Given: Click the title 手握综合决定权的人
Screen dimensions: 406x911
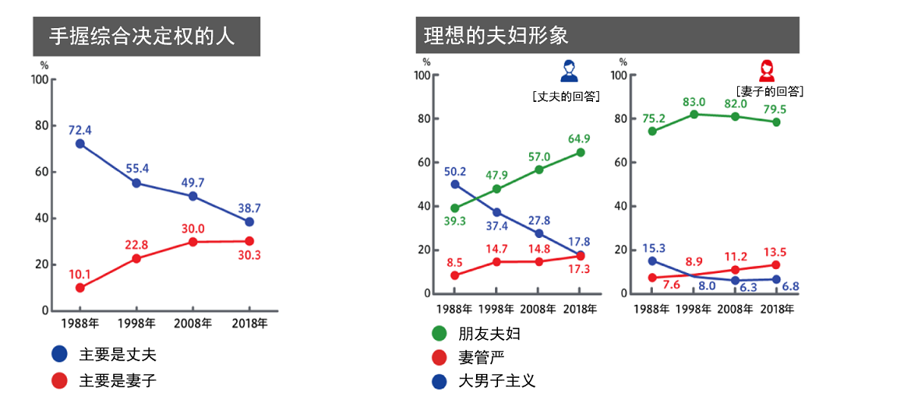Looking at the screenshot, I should (x=142, y=36).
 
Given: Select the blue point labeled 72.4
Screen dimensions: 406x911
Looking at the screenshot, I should (x=80, y=144).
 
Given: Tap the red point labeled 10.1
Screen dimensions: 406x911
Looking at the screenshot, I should (x=80, y=287).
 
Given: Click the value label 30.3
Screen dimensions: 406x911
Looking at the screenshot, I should (x=248, y=255).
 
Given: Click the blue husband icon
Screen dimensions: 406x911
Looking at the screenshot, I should (x=569, y=71).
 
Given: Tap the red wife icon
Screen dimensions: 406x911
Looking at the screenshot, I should (x=768, y=71).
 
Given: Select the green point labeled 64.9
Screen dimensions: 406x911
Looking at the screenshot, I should (x=580, y=152).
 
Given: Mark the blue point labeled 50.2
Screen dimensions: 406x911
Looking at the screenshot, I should (x=455, y=184).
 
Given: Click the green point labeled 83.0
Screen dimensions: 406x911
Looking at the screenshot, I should (x=693, y=114).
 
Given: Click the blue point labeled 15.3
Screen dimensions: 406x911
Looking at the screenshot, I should (x=651, y=261).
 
